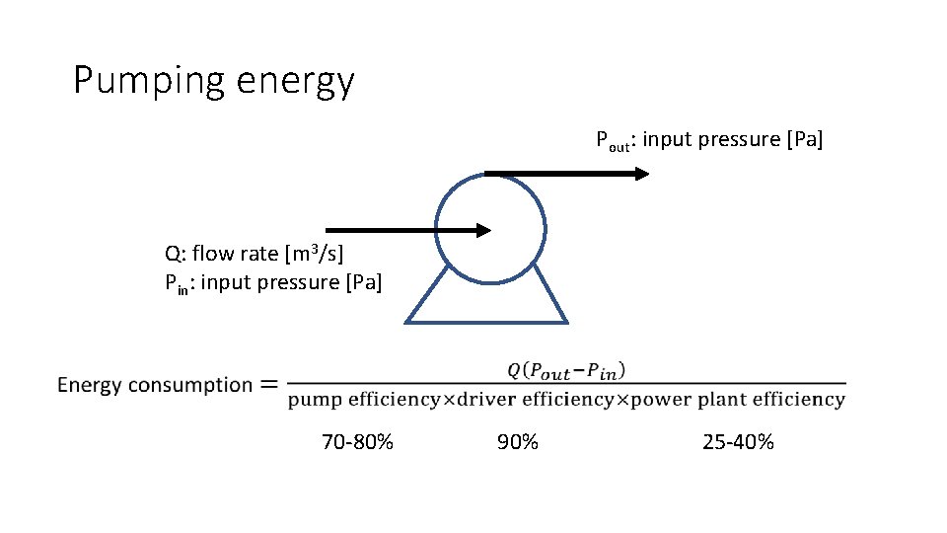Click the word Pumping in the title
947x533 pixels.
click(150, 81)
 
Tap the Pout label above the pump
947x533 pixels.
click(613, 140)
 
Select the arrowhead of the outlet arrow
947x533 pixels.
click(641, 174)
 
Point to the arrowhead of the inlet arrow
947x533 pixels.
click(482, 230)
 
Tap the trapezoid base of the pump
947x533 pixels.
click(486, 321)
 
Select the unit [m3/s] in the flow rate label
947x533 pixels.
click(314, 254)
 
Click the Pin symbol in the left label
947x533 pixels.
click(175, 283)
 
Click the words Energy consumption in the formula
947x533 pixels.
click(155, 385)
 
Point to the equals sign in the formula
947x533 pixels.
click(268, 385)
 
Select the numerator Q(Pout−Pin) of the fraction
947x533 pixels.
click(566, 370)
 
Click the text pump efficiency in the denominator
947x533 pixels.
click(364, 400)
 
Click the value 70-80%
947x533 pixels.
click(357, 442)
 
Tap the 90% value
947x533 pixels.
click(517, 442)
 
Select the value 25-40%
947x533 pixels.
click(738, 442)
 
